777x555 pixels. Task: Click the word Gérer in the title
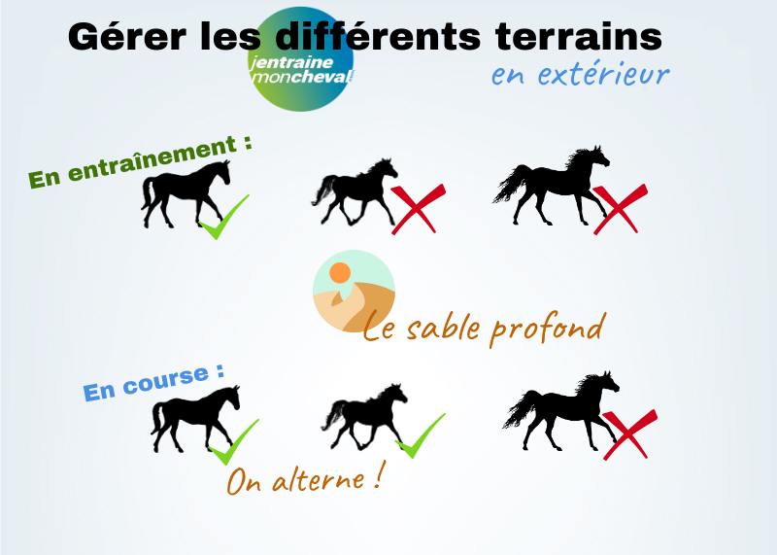click(127, 37)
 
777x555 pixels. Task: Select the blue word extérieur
click(603, 75)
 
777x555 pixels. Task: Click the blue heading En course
click(153, 382)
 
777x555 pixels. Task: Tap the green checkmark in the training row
click(224, 218)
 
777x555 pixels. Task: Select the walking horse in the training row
click(186, 193)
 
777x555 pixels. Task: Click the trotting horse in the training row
click(355, 191)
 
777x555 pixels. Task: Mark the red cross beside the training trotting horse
click(418, 209)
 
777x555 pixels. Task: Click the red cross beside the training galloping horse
click(620, 209)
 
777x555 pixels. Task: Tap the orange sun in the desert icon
click(340, 273)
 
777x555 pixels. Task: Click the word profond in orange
click(548, 330)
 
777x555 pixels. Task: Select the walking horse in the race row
click(195, 418)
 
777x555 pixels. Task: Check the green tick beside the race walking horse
click(233, 442)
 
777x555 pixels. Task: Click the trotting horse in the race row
click(364, 417)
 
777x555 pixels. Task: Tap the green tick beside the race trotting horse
click(421, 435)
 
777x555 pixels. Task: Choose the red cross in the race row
click(629, 434)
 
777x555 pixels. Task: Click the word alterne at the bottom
click(319, 480)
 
